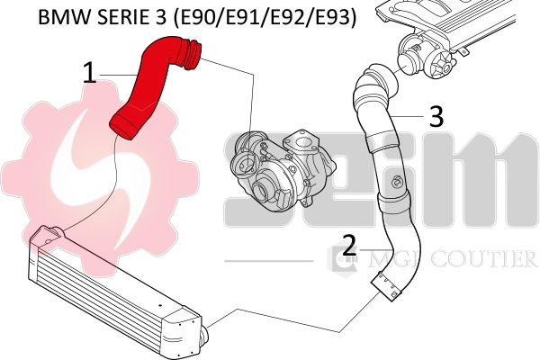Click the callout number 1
[x=90, y=73]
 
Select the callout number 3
[x=436, y=116]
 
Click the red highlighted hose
[x=149, y=85]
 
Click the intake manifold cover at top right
[x=450, y=18]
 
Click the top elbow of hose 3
[x=371, y=85]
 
